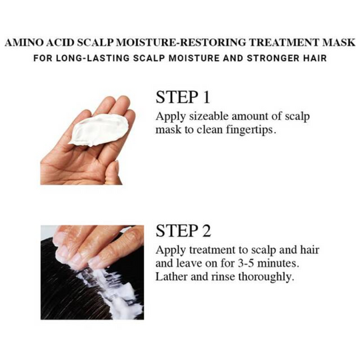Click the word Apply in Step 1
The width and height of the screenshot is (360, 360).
171,117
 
